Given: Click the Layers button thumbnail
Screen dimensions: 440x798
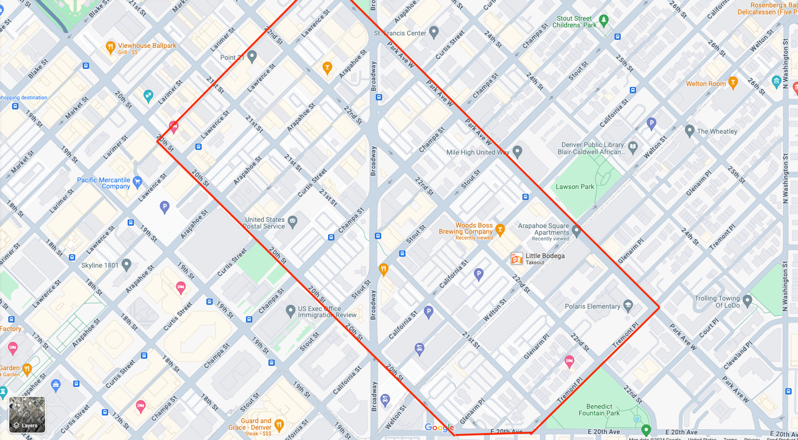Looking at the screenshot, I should [27, 414].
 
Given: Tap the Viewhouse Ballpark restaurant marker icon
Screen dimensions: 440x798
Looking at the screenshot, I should [111, 47].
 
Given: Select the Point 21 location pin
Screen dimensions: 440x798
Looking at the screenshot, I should [252, 56].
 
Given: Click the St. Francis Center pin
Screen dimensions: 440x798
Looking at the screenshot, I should [434, 32].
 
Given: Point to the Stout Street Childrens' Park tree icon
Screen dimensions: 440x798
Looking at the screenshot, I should [604, 20].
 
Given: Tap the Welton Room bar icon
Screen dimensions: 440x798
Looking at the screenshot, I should [733, 82].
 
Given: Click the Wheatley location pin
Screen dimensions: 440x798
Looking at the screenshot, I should [690, 130].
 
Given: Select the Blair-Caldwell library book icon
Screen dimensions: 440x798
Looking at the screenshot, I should [633, 146].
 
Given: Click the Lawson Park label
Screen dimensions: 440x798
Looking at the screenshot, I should [575, 187].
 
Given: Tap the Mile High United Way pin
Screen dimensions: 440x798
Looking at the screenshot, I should [517, 151].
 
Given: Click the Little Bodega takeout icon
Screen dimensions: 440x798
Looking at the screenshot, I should [517, 259].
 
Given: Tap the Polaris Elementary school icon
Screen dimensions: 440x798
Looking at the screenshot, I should [628, 306].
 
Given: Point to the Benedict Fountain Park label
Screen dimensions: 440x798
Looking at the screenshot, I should [599, 410].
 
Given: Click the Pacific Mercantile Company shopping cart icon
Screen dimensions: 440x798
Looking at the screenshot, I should [138, 181].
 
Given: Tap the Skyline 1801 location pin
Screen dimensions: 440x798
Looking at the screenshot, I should [127, 264].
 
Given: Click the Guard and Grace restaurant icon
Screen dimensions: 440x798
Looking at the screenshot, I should [279, 424].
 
